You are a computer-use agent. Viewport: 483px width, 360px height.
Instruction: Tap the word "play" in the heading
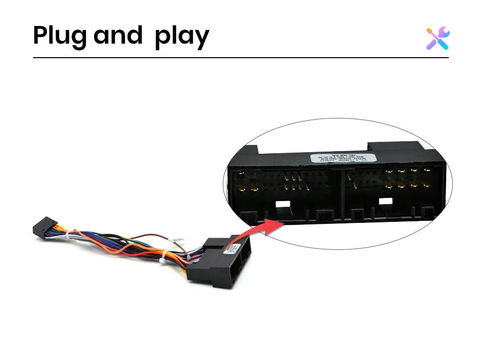click(182, 36)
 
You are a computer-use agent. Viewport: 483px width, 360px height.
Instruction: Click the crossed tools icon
click(438, 38)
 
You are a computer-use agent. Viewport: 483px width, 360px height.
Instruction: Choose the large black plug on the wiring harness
click(221, 262)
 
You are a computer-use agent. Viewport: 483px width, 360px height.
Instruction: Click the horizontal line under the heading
click(240, 57)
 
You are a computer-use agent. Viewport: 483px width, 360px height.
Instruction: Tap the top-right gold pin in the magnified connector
click(427, 170)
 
